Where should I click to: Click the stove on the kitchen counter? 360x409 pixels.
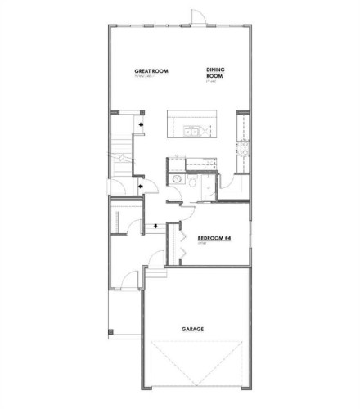pyautogui.click(x=242, y=148)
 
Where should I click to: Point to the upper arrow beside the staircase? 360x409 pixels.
pyautogui.click(x=144, y=124)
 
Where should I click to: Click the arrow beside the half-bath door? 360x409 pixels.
pyautogui.click(x=143, y=187)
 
